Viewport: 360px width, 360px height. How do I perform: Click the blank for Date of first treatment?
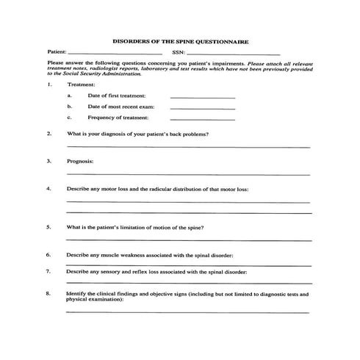coord(202,97)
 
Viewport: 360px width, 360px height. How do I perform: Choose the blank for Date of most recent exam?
coord(202,108)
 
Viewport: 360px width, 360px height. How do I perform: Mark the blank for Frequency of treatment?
coord(202,118)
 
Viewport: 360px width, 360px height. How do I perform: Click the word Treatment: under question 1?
coord(81,85)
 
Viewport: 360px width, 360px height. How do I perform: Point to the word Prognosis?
coord(80,161)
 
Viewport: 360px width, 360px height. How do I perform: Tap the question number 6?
coord(48,254)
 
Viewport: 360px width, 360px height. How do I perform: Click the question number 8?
coord(48,294)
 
